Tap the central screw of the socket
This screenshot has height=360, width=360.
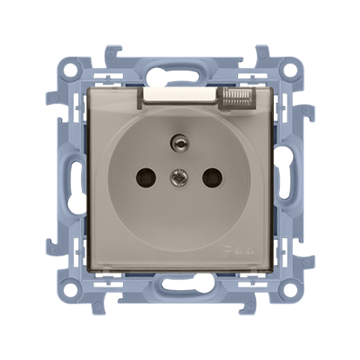180,181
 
